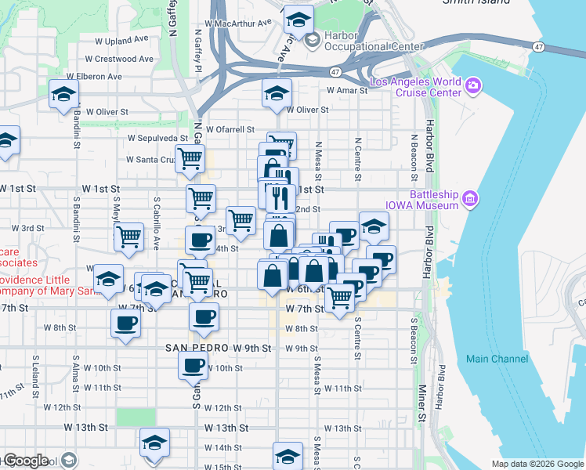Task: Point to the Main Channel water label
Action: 497,359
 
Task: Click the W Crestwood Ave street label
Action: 119,59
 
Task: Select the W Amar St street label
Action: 348,91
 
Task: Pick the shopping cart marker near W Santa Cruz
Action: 190,157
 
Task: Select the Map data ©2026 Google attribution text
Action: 537,464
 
